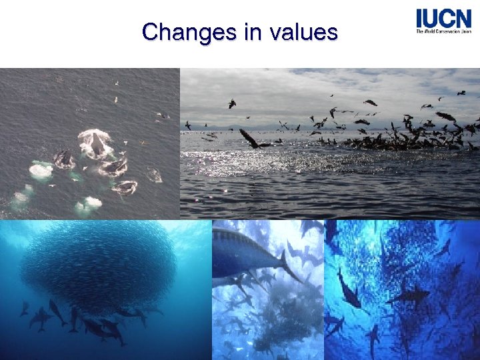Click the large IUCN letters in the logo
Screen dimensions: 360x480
tap(443, 18)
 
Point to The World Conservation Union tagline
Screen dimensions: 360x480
tap(443, 31)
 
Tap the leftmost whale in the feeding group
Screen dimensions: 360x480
tap(65, 158)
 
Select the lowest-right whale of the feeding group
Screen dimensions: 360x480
tap(125, 187)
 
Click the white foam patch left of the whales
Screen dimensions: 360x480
tap(41, 170)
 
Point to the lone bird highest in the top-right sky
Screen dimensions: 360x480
tap(461, 93)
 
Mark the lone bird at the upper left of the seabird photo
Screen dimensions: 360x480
tap(231, 103)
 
